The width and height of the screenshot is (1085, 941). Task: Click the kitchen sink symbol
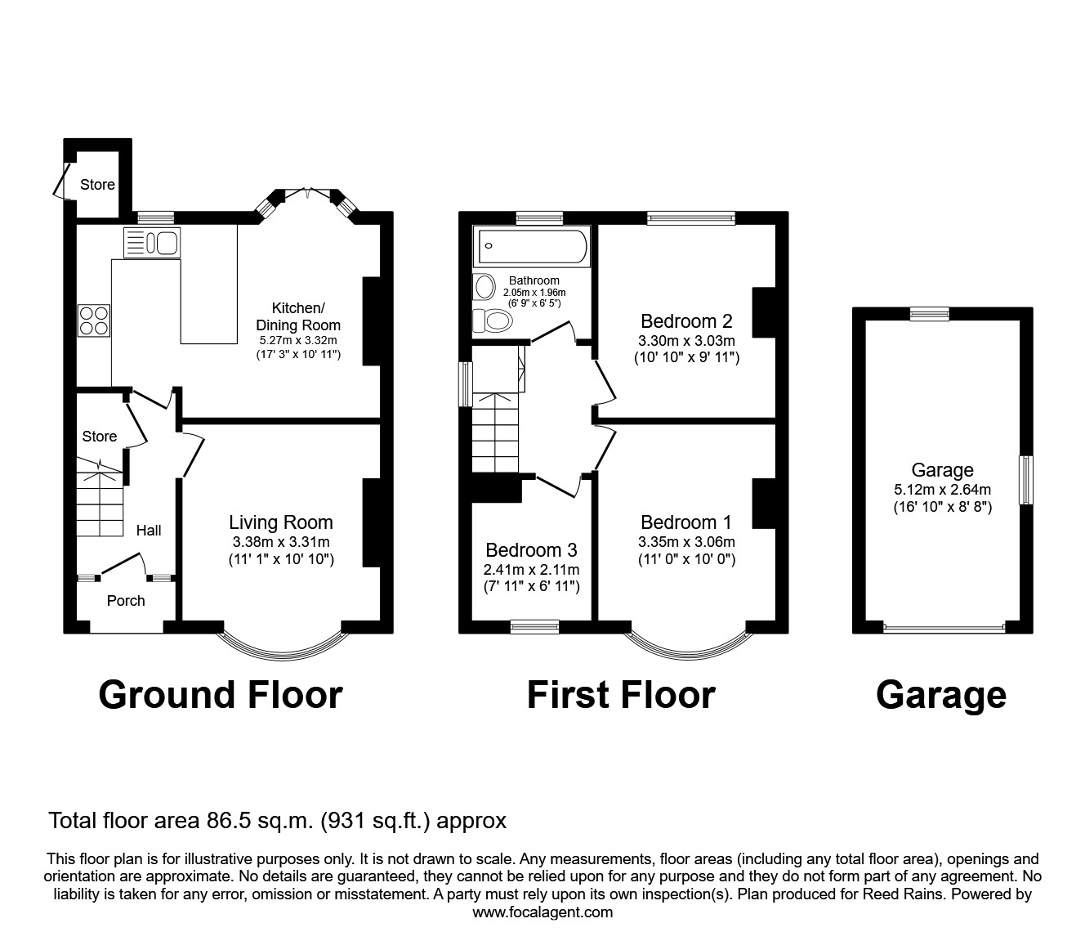click(x=151, y=243)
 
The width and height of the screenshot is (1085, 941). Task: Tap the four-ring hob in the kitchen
click(x=94, y=320)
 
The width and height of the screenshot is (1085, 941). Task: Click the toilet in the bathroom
click(x=493, y=320)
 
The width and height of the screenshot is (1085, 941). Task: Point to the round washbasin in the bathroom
click(x=484, y=287)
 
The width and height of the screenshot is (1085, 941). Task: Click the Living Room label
click(x=280, y=522)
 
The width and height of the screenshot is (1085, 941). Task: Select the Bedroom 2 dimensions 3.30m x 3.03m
click(x=686, y=340)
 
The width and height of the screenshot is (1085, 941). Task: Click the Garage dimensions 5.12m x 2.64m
click(x=942, y=490)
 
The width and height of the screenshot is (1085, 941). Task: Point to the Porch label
click(x=126, y=601)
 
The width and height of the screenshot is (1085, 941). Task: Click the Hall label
click(x=149, y=531)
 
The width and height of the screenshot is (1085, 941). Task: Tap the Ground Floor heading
click(x=221, y=695)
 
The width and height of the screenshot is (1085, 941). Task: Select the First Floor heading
click(x=621, y=695)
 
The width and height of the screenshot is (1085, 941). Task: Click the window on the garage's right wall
click(x=1025, y=480)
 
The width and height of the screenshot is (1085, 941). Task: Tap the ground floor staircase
click(x=101, y=503)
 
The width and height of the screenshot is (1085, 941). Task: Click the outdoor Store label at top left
click(x=97, y=185)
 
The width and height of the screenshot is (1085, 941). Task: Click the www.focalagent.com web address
click(x=542, y=912)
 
